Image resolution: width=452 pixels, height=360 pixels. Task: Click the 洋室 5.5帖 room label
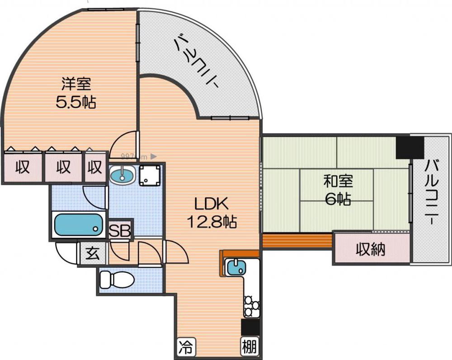pos(76,93)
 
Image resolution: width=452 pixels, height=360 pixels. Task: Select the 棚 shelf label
pos(250,347)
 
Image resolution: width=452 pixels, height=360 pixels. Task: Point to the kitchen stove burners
pos(251,305)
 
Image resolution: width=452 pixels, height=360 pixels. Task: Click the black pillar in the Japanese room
pos(410,148)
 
